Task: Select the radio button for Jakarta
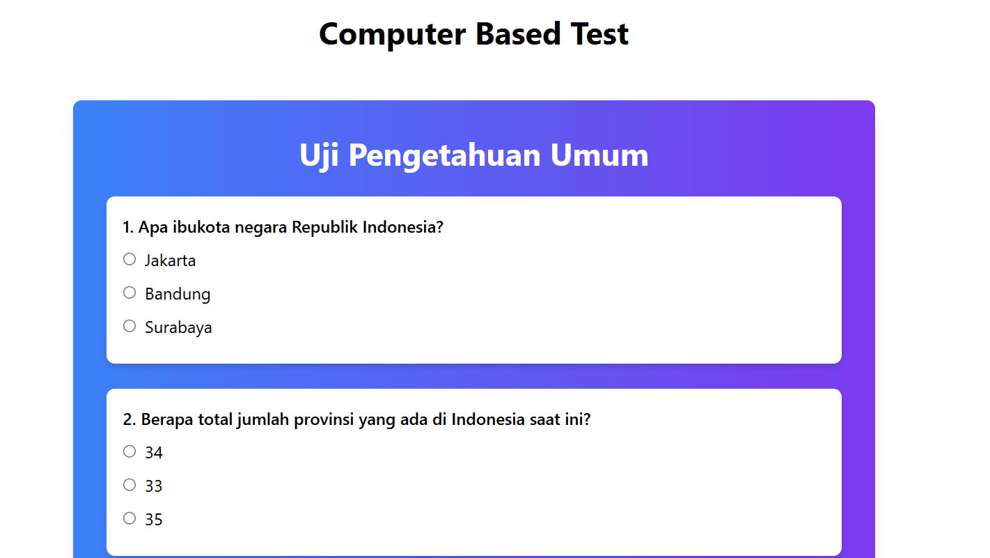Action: tap(129, 259)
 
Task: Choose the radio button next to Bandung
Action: tap(129, 293)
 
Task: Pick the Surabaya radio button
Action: tap(129, 326)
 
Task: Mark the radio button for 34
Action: tap(129, 451)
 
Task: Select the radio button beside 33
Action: tap(129, 485)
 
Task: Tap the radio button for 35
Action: tap(129, 518)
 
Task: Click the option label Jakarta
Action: tap(170, 261)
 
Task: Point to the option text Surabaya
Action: tap(178, 328)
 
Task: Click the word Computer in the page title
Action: tap(393, 34)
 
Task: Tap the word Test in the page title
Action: tap(599, 34)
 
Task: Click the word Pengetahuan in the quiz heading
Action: tap(445, 155)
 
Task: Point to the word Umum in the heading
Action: tap(599, 155)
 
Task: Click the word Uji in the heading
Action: tap(319, 155)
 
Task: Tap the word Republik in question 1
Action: tap(324, 227)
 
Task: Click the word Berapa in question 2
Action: tap(167, 419)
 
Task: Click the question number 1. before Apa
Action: tap(128, 227)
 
